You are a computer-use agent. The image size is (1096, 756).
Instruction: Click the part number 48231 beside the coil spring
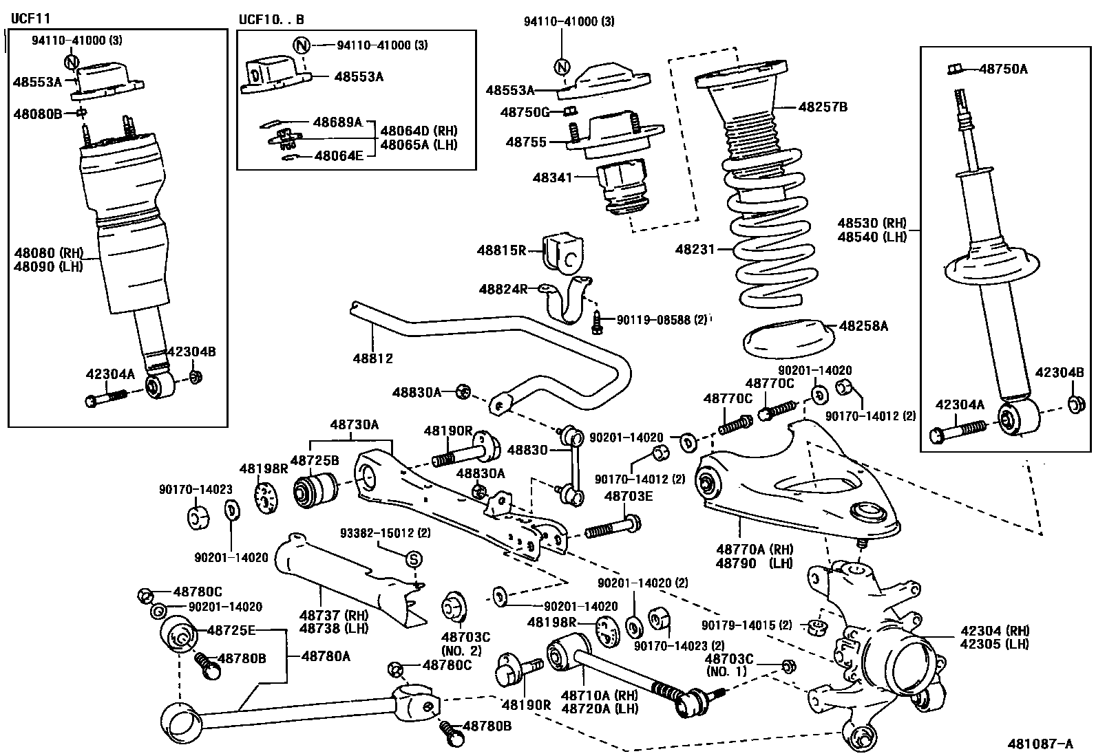click(x=695, y=250)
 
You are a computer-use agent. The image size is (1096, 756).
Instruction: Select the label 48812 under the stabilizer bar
click(x=373, y=358)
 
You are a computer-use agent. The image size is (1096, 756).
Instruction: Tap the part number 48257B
click(x=823, y=107)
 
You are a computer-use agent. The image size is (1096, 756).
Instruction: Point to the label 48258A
click(x=863, y=325)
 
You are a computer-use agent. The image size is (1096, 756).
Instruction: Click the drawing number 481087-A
click(x=1040, y=744)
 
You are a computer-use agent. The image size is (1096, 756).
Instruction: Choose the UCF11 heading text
click(x=30, y=19)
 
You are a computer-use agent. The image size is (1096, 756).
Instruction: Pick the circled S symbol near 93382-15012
click(x=414, y=559)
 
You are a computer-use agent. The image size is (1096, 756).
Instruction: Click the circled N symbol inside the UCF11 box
click(x=72, y=62)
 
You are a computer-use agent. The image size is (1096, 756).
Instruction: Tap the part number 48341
click(x=552, y=177)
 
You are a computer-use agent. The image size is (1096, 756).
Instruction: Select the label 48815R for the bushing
click(x=501, y=250)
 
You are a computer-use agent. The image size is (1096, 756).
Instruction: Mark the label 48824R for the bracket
click(x=503, y=289)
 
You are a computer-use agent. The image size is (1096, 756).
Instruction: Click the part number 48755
click(x=526, y=142)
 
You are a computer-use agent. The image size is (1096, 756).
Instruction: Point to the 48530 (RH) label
click(x=872, y=223)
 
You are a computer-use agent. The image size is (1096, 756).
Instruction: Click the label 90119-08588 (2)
click(x=662, y=320)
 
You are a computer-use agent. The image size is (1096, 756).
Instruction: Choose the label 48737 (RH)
click(x=334, y=615)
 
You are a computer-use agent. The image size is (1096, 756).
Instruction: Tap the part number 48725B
click(x=315, y=460)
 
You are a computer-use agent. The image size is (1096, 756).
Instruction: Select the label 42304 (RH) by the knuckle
click(x=995, y=630)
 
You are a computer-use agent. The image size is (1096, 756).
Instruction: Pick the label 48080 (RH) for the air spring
click(x=49, y=253)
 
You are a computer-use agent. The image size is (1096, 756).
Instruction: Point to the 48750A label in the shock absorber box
click(x=1003, y=69)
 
